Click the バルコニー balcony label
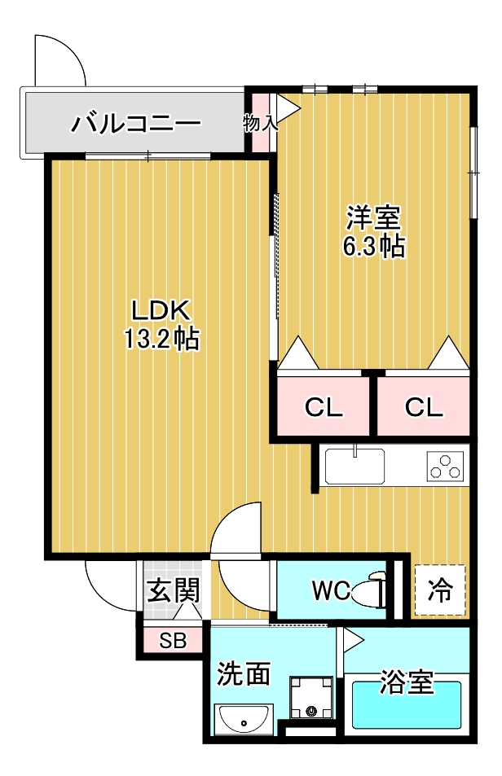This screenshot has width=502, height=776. [135, 124]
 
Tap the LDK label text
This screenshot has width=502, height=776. [161, 310]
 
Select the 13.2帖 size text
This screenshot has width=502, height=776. [161, 339]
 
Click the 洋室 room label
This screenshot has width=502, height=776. [373, 218]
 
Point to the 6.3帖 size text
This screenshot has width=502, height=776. [373, 247]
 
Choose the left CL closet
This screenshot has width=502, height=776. [324, 408]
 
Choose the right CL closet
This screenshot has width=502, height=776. [424, 408]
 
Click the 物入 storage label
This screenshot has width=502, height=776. [260, 124]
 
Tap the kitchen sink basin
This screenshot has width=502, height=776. [355, 467]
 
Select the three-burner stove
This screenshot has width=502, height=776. [445, 467]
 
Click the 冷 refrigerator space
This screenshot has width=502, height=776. [440, 590]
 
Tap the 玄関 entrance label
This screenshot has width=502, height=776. [173, 590]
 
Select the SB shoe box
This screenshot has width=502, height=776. [172, 640]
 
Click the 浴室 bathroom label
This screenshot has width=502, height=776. [407, 682]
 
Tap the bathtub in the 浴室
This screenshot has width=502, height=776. [407, 707]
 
